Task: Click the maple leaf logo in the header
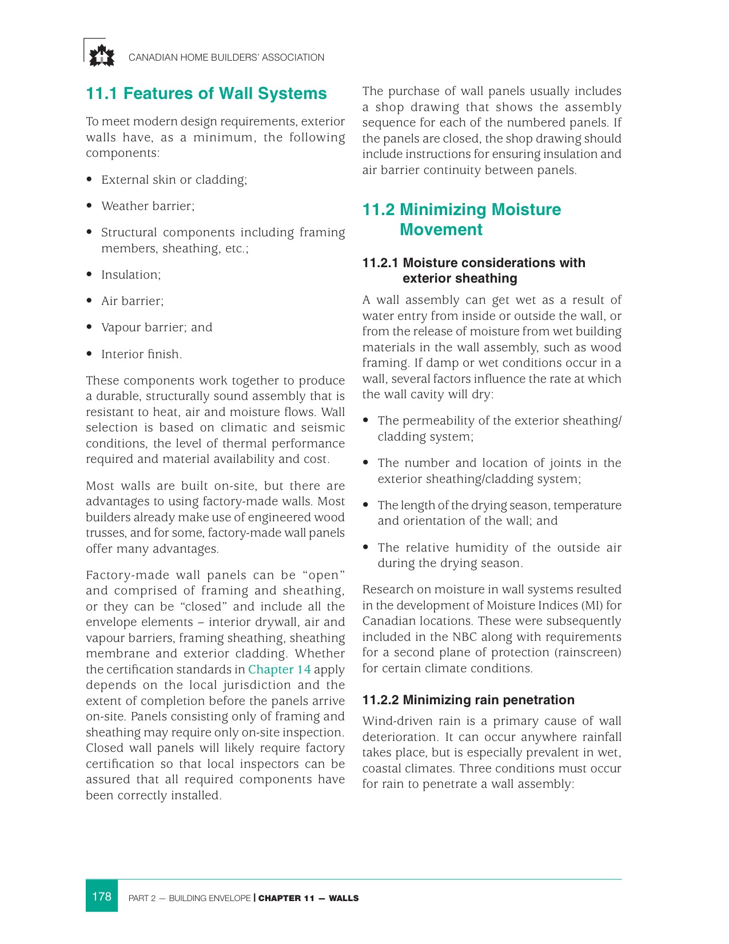101,56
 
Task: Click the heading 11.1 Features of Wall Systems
206,94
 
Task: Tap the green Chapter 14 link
279,669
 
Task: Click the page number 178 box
102,896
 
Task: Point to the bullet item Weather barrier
148,206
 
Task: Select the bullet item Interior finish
141,354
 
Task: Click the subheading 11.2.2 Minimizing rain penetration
468,700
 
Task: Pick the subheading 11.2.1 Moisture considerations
473,271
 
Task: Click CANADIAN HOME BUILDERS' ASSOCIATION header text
226,57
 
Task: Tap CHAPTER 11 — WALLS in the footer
308,898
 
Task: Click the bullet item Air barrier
132,301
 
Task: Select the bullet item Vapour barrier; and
156,327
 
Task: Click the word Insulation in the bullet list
130,275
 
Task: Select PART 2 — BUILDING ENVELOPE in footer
189,898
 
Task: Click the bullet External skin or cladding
174,180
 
